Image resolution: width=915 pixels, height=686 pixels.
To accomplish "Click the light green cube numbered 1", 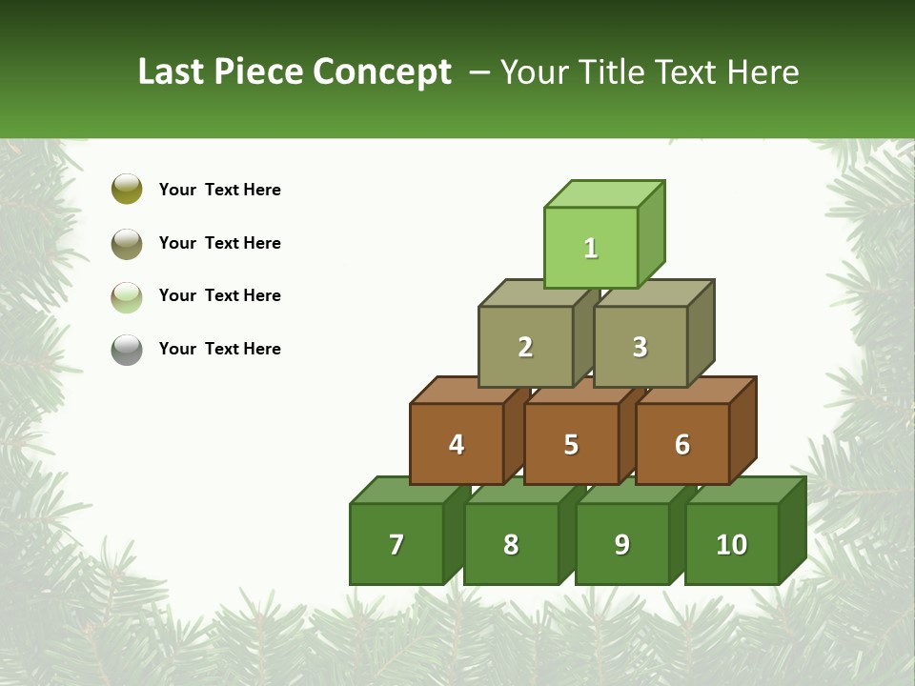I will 591,248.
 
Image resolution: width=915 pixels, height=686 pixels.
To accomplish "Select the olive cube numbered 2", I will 525,347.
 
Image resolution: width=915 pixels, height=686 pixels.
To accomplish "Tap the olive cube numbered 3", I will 640,347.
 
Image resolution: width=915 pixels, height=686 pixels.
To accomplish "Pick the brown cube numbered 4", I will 457,444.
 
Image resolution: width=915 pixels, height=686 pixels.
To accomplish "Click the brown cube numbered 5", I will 571,444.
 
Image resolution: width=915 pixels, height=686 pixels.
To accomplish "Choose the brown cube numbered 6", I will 681,444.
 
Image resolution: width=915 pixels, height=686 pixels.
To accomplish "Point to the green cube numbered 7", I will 396,544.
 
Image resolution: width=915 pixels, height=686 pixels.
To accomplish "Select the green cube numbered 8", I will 511,544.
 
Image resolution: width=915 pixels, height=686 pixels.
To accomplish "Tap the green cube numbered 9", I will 621,544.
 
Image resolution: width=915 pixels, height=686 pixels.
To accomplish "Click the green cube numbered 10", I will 731,544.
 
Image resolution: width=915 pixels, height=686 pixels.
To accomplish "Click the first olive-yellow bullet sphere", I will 127,189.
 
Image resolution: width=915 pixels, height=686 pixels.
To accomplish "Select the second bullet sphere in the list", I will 127,243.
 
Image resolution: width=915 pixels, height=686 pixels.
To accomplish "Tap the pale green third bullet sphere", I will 127,296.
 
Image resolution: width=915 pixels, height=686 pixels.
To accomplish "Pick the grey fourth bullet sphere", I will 127,350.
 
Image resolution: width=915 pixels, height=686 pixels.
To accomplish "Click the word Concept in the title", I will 382,72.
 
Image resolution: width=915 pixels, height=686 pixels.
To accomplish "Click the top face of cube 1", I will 603,194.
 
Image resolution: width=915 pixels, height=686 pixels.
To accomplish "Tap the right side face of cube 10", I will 793,530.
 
